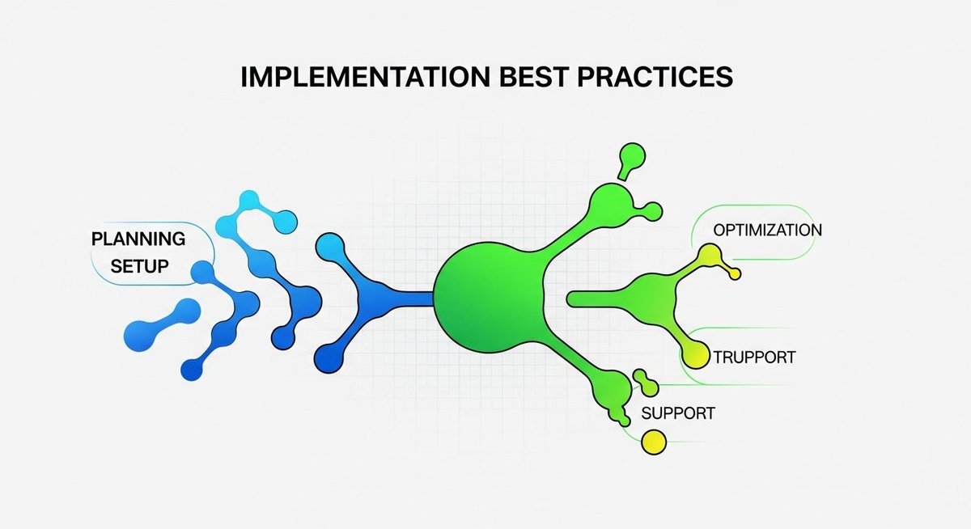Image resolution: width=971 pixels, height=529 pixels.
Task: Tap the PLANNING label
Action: coord(138,239)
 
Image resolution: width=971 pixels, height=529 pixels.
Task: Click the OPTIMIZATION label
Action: coord(767,230)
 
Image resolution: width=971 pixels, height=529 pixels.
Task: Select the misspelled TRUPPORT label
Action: coord(754,357)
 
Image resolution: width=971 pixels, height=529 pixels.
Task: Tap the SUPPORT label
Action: coord(678,413)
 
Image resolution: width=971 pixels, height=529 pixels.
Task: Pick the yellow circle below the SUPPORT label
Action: coord(653,442)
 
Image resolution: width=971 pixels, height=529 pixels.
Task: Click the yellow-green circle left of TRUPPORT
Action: coord(697,354)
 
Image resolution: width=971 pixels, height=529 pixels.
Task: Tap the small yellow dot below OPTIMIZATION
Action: coord(735,274)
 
